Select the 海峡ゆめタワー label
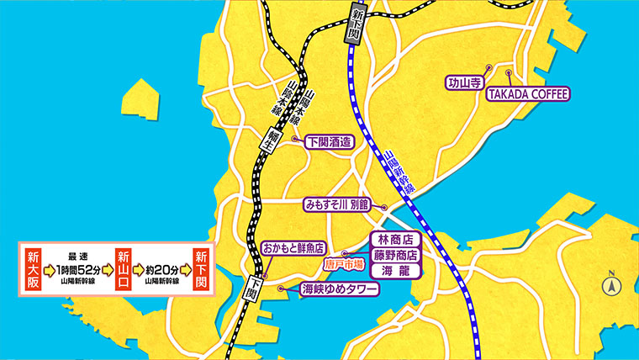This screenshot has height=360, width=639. tap(339, 289)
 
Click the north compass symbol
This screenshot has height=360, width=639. tap(611, 285)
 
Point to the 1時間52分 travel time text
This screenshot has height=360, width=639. tap(78, 270)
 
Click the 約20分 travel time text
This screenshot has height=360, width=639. tap(161, 270)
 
